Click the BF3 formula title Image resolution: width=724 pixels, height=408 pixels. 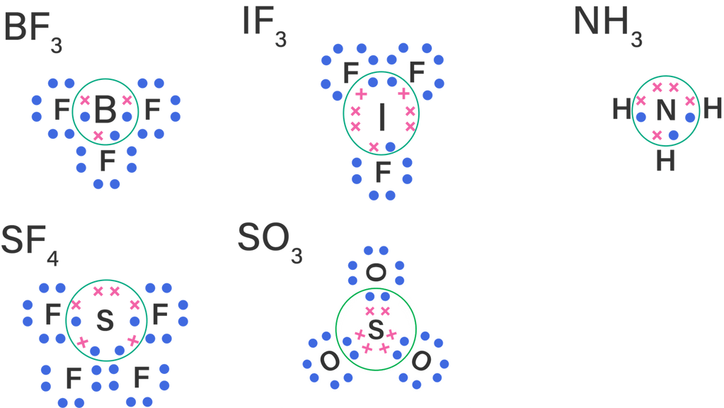pyautogui.click(x=33, y=33)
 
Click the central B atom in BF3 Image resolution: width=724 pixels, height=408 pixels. pyautogui.click(x=105, y=110)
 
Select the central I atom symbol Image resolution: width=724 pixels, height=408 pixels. pyautogui.click(x=382, y=118)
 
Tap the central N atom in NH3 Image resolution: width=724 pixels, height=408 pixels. pyautogui.click(x=665, y=110)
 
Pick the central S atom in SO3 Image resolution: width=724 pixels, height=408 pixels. pyautogui.click(x=376, y=329)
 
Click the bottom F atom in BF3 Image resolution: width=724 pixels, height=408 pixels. pyautogui.click(x=106, y=161)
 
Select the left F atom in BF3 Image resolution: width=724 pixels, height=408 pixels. pyautogui.click(x=62, y=110)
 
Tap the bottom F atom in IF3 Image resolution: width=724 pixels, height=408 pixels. pyautogui.click(x=382, y=171)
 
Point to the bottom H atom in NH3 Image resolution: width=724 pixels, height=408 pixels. pyautogui.click(x=665, y=161)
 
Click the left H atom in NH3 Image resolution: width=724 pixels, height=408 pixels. pyautogui.click(x=621, y=110)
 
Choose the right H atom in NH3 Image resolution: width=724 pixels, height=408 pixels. pyautogui.click(x=712, y=110)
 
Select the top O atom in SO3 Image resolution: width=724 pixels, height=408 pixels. pyautogui.click(x=376, y=271)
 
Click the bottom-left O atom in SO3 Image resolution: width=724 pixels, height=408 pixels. pyautogui.click(x=328, y=361)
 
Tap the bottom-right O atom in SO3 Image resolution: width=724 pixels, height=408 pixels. pyautogui.click(x=421, y=361)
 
